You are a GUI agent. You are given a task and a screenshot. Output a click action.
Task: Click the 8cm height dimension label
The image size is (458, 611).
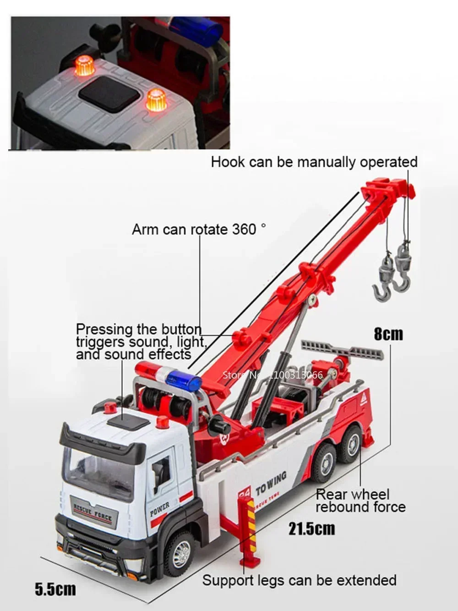388,334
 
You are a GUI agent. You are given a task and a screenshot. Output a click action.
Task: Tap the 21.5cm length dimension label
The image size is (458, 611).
311,528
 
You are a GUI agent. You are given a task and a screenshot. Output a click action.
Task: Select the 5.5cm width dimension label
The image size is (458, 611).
55,589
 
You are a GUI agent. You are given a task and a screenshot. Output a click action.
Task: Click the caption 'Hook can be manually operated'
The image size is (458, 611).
314,162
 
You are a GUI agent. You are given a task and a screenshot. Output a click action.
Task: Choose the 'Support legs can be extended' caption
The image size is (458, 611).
299,580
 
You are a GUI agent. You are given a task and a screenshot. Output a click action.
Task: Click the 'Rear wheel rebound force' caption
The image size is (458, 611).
360,501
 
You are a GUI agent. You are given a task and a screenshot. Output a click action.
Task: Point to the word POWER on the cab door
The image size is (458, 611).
159,509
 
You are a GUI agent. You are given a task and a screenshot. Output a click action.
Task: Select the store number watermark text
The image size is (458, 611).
273,374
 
